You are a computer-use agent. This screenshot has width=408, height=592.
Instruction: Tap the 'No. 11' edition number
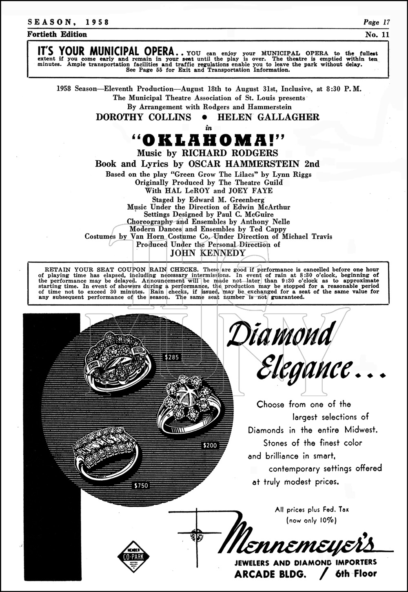pos(377,35)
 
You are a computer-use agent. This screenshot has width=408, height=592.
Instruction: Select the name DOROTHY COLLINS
pos(143,118)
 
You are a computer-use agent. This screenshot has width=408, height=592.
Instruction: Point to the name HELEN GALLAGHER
pos(268,118)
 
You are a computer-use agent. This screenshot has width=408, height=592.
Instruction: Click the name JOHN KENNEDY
pos(208,253)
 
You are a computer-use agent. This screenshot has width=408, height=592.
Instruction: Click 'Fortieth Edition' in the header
pos(57,35)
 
